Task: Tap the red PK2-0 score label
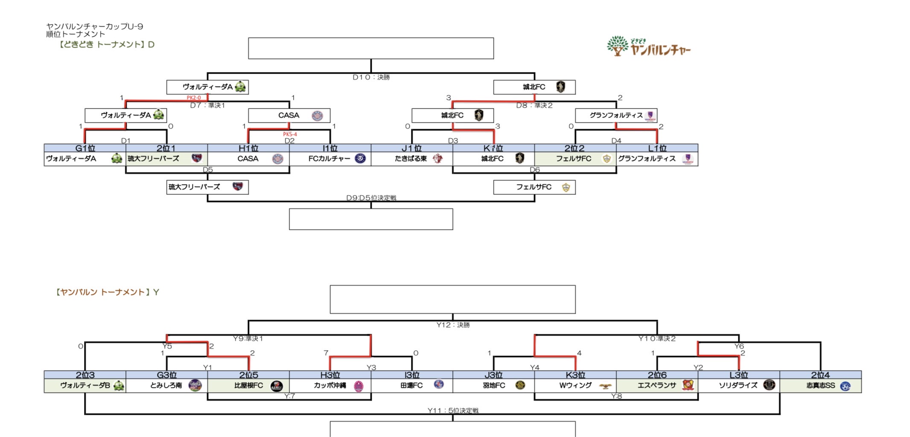coord(193,98)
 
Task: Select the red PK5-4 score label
coord(290,134)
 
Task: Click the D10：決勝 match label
coord(371,77)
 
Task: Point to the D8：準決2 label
coord(534,105)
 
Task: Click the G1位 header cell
coord(85,148)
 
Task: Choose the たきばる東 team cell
coord(411,159)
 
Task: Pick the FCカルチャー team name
coord(329,159)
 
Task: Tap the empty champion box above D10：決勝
coord(371,48)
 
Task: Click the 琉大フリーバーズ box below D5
coord(207,187)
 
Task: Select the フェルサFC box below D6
coord(534,187)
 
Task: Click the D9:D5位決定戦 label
coord(371,198)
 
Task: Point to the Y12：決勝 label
coord(453,325)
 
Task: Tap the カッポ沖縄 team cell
coord(330,385)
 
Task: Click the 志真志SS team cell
coord(820,385)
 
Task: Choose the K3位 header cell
coord(575,375)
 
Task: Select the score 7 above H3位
coord(326,353)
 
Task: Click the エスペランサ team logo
coord(688,385)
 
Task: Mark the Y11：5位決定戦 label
coord(453,411)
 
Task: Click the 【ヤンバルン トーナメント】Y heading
coord(107,292)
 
